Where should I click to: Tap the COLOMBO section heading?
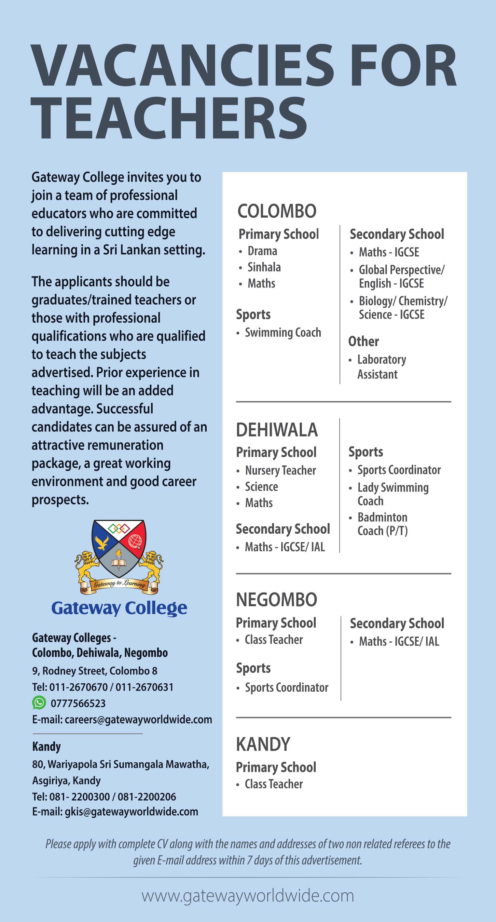pos(277,211)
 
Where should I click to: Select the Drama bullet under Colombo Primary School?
pos(262,251)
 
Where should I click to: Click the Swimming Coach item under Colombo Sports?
pos(283,332)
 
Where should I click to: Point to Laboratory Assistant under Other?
pos(381,367)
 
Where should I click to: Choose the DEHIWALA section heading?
pos(277,430)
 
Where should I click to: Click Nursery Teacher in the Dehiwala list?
pos(281,470)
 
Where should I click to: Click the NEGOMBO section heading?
pos(276,599)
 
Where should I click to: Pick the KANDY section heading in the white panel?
pos(263,744)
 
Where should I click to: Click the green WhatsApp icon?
pos(39,702)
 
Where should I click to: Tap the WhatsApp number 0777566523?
pos(78,703)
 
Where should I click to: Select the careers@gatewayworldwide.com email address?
pos(138,719)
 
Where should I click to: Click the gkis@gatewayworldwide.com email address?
pos(131,811)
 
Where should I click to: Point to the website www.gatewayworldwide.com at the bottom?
pos(248,896)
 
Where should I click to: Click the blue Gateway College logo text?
pos(119,608)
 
